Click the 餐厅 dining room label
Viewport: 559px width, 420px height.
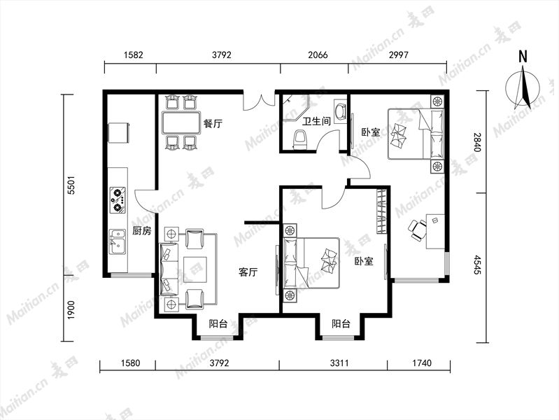click(213, 123)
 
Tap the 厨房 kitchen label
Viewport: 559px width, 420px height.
click(141, 231)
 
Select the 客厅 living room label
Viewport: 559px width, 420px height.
click(248, 272)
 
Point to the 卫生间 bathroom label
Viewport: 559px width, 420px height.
click(316, 121)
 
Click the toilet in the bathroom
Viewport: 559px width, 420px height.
click(299, 140)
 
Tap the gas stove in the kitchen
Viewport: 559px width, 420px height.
click(118, 200)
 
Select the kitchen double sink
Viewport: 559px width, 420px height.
click(118, 241)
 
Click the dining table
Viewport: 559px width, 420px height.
click(181, 122)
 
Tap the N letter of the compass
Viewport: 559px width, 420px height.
click(523, 57)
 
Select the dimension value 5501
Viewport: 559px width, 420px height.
click(71, 185)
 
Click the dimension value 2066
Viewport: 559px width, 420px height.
click(318, 55)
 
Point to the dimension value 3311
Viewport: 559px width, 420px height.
click(339, 363)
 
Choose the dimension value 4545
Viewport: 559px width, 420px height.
click(477, 265)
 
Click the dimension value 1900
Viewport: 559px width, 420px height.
click(71, 310)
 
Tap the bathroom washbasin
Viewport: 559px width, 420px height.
click(340, 111)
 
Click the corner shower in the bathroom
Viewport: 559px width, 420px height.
click(295, 107)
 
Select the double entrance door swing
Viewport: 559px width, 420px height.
click(259, 102)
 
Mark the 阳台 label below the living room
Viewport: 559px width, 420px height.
click(218, 324)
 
